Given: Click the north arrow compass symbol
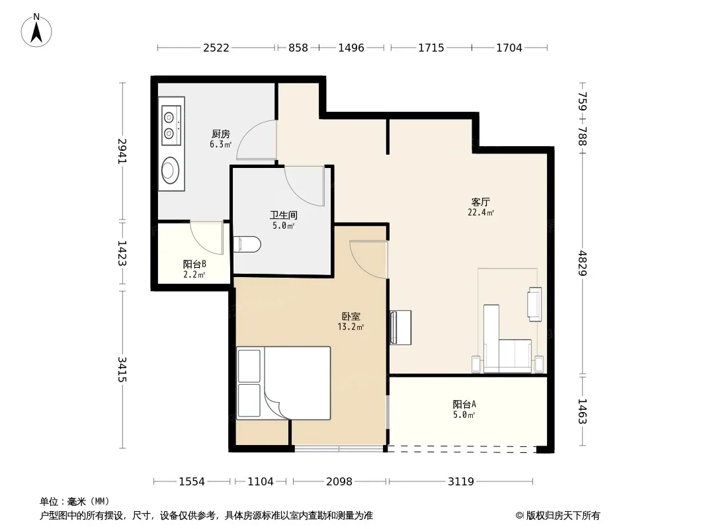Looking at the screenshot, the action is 36,30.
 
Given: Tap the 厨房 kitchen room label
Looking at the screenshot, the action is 221,134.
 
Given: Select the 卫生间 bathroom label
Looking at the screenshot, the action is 283,216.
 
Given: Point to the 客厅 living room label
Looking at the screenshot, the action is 481,202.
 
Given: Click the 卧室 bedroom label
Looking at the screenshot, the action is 351,317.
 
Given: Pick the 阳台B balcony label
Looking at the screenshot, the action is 194,264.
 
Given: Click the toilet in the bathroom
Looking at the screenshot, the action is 247,245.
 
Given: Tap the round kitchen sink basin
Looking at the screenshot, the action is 171,171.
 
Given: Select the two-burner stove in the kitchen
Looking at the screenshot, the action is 171,126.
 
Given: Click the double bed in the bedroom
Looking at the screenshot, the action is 284,383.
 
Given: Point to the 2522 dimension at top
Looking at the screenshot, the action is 216,48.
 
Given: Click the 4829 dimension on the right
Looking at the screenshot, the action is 583,263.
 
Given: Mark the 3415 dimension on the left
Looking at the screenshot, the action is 122,370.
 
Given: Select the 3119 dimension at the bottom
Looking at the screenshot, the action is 461,482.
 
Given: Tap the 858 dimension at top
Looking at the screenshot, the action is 298,48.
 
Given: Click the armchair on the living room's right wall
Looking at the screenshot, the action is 534,304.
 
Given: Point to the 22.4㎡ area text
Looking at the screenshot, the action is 481,212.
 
